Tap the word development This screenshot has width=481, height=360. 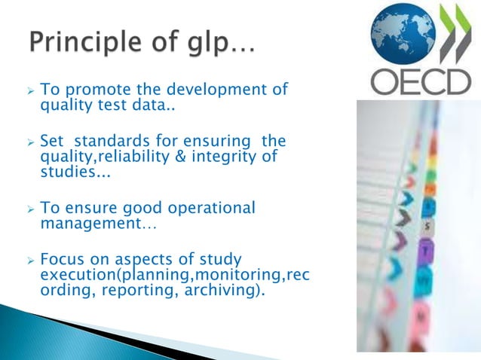pyautogui.click(x=218, y=90)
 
